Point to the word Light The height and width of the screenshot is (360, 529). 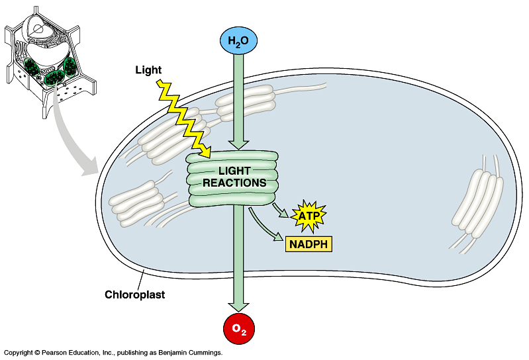click(148, 69)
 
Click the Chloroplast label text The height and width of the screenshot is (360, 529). click(134, 294)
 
